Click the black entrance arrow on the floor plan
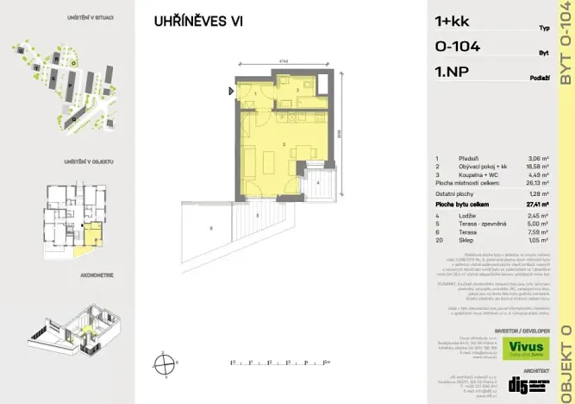coord(231,90)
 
